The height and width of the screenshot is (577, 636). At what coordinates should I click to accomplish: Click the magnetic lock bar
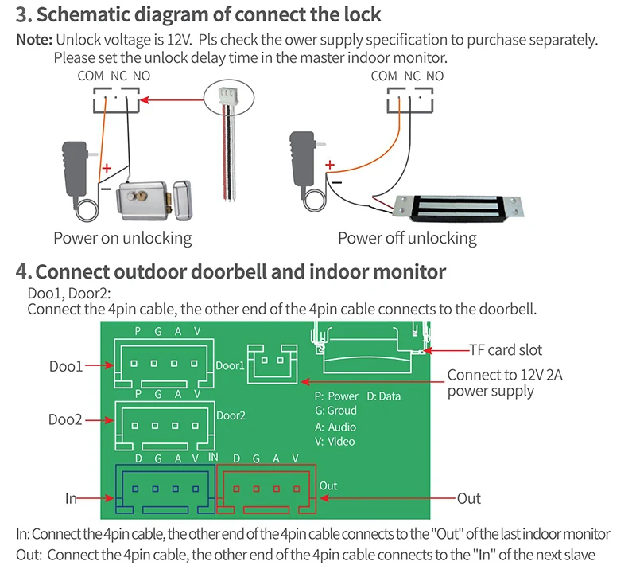458,208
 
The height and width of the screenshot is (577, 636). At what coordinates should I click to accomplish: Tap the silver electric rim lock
153,201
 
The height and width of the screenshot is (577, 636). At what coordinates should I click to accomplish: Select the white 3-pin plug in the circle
227,96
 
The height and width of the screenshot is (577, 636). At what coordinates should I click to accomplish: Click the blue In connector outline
165,489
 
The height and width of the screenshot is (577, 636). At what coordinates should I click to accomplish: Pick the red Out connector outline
266,489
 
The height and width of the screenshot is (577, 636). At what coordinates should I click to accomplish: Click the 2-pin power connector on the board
272,364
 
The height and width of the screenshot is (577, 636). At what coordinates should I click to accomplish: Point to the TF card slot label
506,349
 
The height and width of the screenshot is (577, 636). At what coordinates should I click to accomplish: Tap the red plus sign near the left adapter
107,168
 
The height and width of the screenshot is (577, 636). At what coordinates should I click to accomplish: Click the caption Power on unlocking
122,238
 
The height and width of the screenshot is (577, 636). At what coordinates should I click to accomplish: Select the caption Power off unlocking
407,238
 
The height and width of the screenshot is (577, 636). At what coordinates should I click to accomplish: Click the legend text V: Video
335,442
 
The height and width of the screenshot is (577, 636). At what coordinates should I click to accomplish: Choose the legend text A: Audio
335,427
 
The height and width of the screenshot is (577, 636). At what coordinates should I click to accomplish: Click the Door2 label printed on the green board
231,415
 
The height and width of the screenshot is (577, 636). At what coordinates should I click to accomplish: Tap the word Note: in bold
34,40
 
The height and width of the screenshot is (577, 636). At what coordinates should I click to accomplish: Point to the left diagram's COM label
91,76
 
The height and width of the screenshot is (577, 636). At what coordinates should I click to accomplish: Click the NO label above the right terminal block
435,76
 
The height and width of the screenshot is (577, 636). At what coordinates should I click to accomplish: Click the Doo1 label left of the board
66,366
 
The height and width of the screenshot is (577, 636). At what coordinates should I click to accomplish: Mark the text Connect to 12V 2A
505,375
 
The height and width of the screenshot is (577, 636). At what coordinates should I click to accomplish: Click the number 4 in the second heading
22,271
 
